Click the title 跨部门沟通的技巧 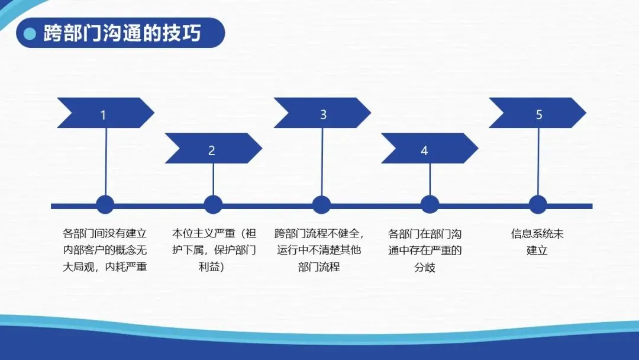[x=122, y=33]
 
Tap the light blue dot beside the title [x=30, y=34]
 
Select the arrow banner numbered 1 [x=104, y=113]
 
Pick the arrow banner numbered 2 [x=212, y=149]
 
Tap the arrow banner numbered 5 [x=537, y=113]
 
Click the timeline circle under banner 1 [x=105, y=205]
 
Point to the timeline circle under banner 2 [x=213, y=205]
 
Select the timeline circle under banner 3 [x=321, y=205]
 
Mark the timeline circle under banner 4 [x=430, y=205]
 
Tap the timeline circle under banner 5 [x=537, y=205]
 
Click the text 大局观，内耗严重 [x=105, y=266]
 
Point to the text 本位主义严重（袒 [x=214, y=233]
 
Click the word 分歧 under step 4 [x=424, y=267]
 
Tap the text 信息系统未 [x=537, y=233]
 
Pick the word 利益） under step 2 [x=211, y=266]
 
